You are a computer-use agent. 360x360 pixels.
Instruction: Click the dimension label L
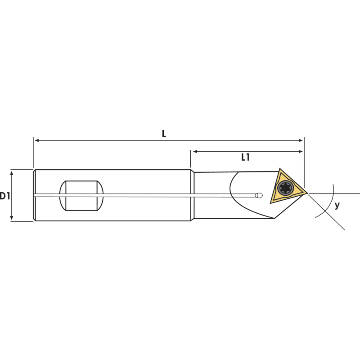click(x=164, y=134)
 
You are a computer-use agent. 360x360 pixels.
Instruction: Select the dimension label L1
click(x=245, y=157)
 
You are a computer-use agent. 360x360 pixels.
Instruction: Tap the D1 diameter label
click(x=4, y=196)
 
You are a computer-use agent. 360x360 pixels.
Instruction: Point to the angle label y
click(x=337, y=205)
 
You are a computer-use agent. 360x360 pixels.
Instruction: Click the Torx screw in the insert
click(x=285, y=188)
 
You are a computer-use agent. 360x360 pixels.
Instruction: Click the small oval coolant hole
click(x=259, y=195)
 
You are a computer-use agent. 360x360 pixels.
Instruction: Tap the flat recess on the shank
click(x=81, y=196)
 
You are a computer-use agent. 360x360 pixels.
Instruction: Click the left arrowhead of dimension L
click(x=36, y=140)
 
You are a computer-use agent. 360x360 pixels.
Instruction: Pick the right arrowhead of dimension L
click(x=300, y=140)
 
